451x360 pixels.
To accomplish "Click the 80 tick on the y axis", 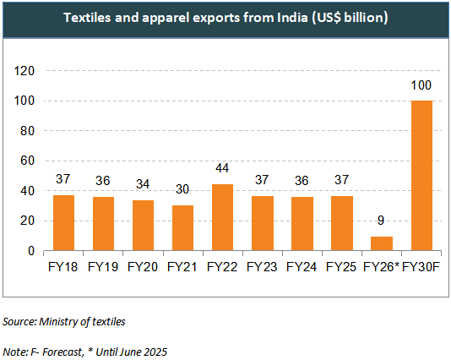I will (27, 131).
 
